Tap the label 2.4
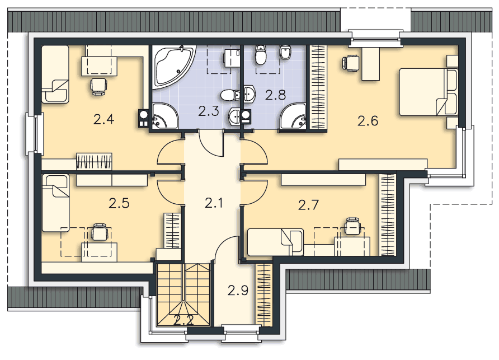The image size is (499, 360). point(104,119)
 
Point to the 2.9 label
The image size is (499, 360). point(238,290)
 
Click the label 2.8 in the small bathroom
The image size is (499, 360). point(276,95)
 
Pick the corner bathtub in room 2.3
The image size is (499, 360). point(172,67)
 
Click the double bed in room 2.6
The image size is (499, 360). point(428,92)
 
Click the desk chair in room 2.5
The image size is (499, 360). point(100,231)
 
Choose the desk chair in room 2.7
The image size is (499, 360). point(352,227)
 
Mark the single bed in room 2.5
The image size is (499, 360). point(55,202)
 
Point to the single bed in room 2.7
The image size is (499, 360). point(275,241)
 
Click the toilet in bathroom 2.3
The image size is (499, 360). point(229,96)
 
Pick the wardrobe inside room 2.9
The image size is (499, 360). point(263,293)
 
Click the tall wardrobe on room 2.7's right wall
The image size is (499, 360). point(387,213)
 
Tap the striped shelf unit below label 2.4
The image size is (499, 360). point(94,161)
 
